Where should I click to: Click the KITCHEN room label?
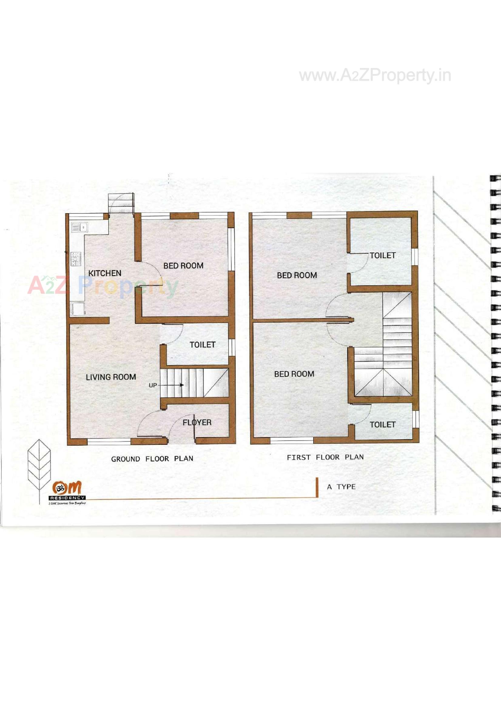(x=105, y=273)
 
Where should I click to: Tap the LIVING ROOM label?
(x=111, y=377)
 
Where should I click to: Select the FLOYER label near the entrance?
(x=197, y=422)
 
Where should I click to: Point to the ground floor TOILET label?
(x=202, y=344)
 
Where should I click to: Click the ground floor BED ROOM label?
(x=183, y=266)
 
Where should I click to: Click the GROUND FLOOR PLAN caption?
(x=152, y=459)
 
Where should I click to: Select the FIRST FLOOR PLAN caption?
(x=325, y=457)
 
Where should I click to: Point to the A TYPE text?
(x=341, y=487)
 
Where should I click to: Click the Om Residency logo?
(x=67, y=492)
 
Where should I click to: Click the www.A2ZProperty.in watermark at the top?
(x=375, y=76)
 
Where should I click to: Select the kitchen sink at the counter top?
(x=79, y=227)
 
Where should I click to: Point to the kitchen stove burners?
(x=76, y=259)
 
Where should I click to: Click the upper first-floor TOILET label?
(x=382, y=255)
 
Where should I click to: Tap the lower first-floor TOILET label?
(x=382, y=425)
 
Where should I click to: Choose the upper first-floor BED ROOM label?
(x=297, y=275)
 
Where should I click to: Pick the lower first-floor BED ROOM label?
(x=294, y=374)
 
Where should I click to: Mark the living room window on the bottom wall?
(x=109, y=442)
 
